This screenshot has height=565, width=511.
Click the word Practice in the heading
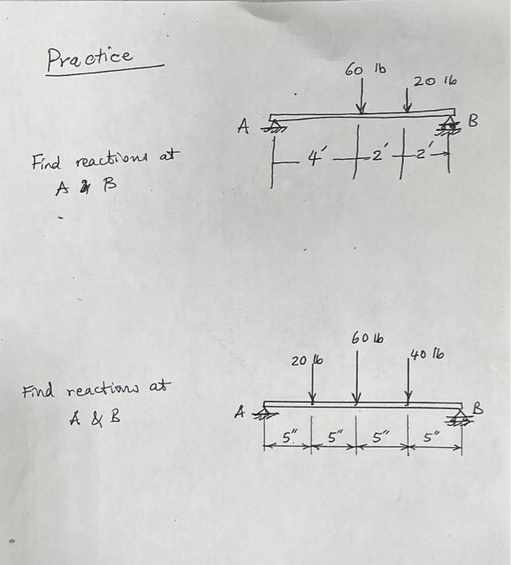pyautogui.click(x=89, y=57)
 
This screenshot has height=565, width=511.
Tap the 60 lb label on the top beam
pyautogui.click(x=365, y=70)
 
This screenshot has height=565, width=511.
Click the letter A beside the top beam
pyautogui.click(x=243, y=126)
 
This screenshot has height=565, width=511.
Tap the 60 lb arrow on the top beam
pyautogui.click(x=362, y=99)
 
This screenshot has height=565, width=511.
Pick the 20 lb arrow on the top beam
pyautogui.click(x=409, y=102)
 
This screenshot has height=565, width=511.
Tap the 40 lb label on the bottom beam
pyautogui.click(x=426, y=354)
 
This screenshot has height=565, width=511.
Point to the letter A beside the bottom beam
pyautogui.click(x=239, y=412)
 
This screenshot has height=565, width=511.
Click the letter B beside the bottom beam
pyautogui.click(x=478, y=408)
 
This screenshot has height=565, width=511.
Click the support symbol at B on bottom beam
pyautogui.click(x=462, y=416)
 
